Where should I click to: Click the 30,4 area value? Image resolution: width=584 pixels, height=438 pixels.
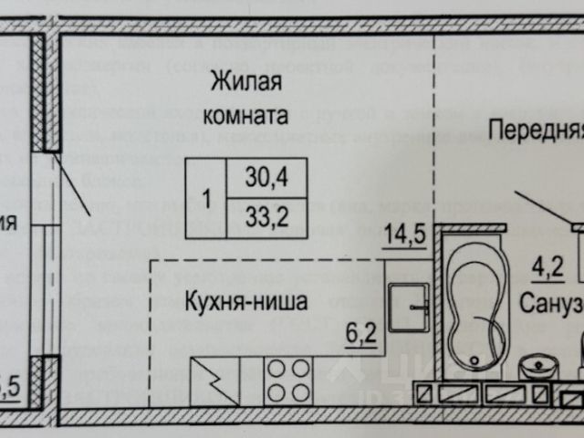tap(265, 179)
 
